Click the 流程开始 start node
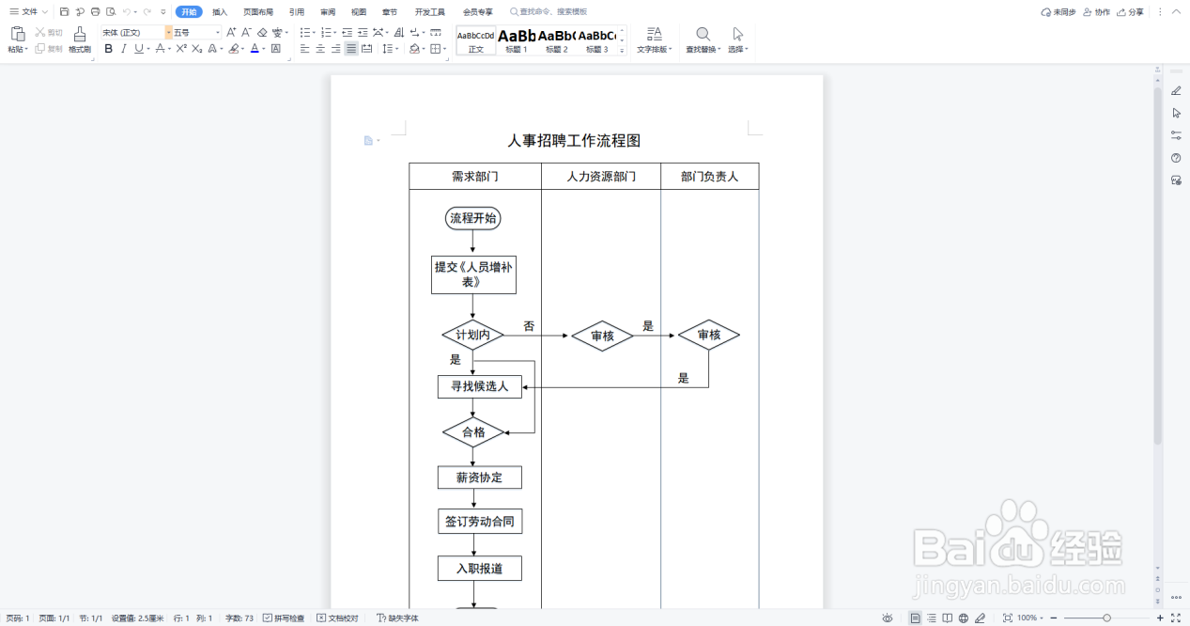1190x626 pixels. [472, 219]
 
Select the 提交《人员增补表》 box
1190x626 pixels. [473, 274]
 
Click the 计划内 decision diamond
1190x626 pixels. [472, 335]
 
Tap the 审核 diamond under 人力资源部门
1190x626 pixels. [602, 336]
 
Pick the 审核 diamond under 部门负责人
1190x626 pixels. [708, 336]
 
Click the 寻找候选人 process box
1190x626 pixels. [479, 386]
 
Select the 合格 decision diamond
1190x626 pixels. [473, 432]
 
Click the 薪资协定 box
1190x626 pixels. [479, 477]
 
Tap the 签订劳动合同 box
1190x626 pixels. [479, 522]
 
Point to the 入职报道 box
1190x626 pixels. [479, 569]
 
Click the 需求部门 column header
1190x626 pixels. [474, 177]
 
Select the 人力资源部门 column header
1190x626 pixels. [601, 177]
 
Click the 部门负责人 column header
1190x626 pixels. [709, 177]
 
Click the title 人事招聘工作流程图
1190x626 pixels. [574, 141]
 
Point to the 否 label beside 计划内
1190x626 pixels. [529, 326]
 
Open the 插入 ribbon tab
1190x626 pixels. [220, 12]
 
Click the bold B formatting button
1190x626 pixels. [108, 49]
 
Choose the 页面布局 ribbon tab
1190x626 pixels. [258, 12]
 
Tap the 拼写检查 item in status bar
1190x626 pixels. [284, 618]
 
